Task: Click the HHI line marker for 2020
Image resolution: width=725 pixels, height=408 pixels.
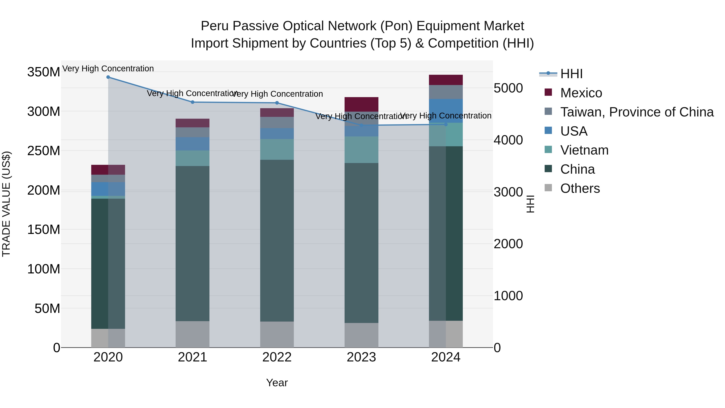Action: [108, 77]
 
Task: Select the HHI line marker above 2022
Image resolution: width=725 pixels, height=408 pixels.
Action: [277, 103]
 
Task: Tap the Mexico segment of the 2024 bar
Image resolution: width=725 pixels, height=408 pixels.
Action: [446, 80]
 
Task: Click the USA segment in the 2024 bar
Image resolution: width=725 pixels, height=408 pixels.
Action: [446, 111]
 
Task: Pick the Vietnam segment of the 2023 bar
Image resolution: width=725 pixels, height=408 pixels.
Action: [361, 149]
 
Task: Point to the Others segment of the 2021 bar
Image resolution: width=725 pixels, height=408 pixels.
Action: [193, 334]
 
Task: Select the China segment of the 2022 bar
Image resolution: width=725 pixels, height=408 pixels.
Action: [277, 241]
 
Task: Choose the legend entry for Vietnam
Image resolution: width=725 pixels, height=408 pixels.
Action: [584, 150]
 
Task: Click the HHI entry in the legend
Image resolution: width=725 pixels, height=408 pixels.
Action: [571, 74]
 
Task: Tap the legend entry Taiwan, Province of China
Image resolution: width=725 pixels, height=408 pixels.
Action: [637, 112]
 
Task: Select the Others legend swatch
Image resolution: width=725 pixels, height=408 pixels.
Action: [548, 188]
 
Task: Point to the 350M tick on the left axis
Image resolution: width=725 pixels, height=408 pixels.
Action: [44, 72]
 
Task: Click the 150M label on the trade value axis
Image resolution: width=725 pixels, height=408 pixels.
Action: [44, 230]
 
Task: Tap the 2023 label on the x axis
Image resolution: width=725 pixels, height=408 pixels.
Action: [361, 357]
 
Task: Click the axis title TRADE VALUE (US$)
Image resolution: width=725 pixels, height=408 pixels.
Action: [6, 204]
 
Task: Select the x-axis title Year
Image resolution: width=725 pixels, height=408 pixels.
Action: [277, 383]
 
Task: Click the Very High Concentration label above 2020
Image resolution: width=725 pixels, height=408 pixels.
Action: [108, 69]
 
